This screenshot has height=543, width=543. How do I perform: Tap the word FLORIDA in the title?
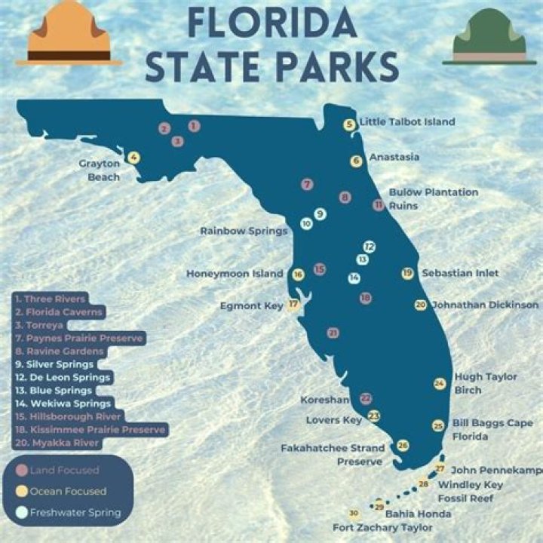pos(272,23)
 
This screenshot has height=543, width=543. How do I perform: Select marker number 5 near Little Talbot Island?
pos(349,124)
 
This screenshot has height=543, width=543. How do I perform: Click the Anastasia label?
pos(394,158)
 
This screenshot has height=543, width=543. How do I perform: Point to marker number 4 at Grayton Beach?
pos(133,158)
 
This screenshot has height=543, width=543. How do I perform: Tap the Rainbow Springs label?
pos(244,231)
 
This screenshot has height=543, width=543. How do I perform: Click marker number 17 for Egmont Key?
pos(293,305)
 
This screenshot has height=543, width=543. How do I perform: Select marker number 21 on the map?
pos(333,333)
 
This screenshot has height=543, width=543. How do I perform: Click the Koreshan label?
pos(324,399)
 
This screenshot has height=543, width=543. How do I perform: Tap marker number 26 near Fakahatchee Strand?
pos(403,446)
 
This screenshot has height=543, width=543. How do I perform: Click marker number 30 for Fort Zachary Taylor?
pos(354,514)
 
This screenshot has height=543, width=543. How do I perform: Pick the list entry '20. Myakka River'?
pos(57,443)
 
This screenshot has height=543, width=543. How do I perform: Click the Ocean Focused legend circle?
pos(23,492)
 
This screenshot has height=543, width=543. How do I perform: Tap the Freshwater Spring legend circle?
pos(23,513)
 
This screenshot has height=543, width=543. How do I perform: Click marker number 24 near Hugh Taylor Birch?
pos(440,383)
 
